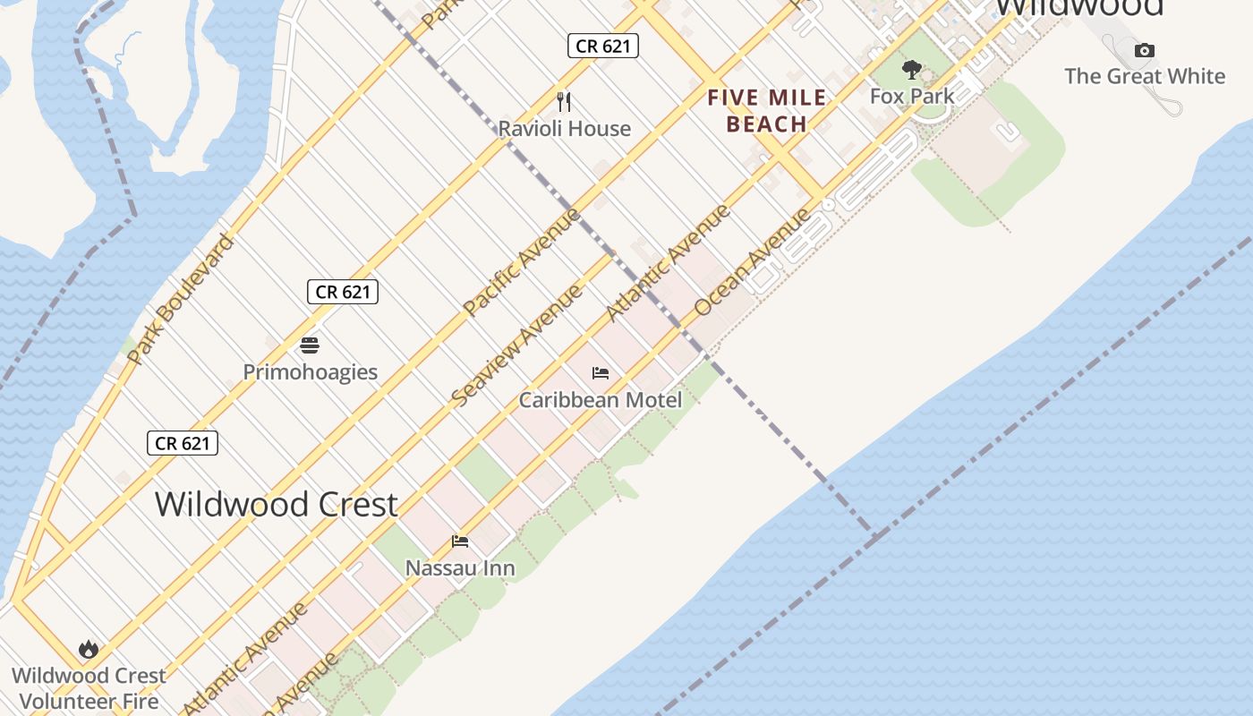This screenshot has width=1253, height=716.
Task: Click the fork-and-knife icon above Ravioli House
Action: [564, 101]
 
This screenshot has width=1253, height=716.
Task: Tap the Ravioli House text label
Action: [564, 129]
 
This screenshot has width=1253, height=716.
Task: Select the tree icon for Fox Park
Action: [912, 69]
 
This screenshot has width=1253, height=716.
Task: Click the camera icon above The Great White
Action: [1144, 51]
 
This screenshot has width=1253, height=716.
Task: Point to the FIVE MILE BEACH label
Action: [767, 111]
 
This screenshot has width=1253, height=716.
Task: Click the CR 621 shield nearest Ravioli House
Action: [603, 46]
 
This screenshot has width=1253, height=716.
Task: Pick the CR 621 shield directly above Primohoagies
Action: [343, 291]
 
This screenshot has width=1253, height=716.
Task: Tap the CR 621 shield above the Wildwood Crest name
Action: [183, 442]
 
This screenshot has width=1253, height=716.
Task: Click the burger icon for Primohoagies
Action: [310, 345]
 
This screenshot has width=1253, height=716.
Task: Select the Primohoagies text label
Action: [310, 372]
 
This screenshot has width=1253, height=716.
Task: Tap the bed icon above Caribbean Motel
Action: [601, 373]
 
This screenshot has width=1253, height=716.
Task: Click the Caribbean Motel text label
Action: [601, 400]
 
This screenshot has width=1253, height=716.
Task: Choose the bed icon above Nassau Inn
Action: [460, 541]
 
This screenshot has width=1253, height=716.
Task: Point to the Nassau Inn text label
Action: [460, 568]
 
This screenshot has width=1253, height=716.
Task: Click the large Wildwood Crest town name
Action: [276, 504]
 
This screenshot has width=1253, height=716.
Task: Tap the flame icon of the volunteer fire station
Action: [88, 649]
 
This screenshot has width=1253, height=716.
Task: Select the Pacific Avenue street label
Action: [522, 261]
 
